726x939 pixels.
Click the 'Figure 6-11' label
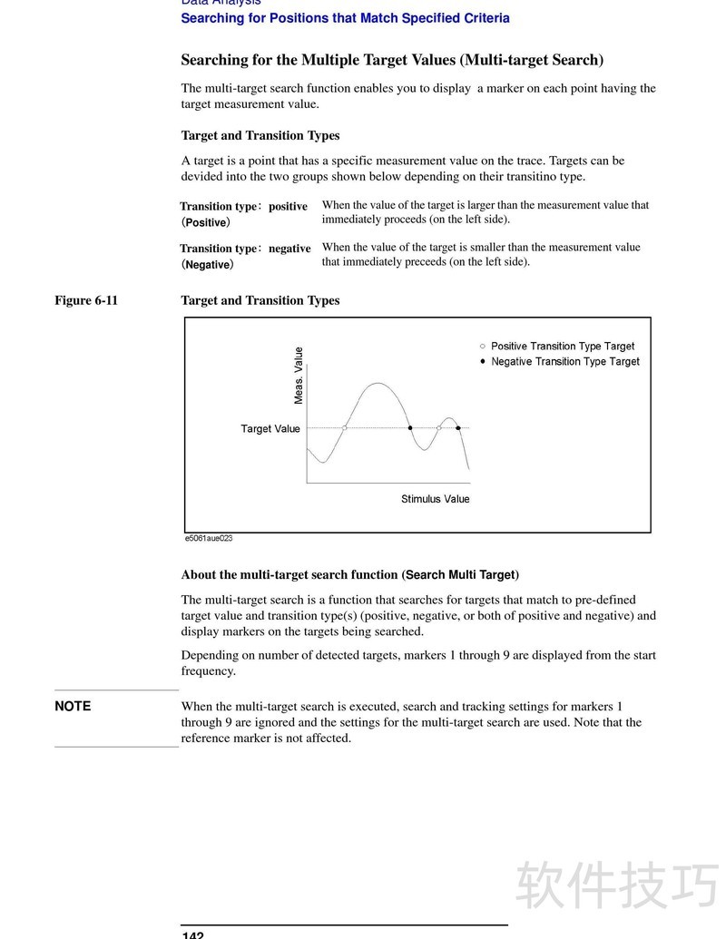coord(86,300)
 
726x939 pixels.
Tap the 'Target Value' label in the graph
coord(270,429)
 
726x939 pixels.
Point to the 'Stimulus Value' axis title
coord(436,499)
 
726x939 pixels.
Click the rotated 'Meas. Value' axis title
coord(299,376)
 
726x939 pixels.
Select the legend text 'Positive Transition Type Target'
coord(563,347)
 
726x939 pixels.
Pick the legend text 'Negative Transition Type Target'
coord(565,362)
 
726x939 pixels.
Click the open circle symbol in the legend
coord(483,346)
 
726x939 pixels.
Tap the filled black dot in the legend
coord(483,361)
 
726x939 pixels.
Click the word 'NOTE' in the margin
coord(73,706)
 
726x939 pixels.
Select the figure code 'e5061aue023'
coord(209,538)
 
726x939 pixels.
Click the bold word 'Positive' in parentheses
coord(206,222)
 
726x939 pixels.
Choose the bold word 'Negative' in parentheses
coord(208,265)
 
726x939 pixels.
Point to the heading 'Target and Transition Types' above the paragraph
coord(260,135)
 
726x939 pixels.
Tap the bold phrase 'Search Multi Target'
coord(460,574)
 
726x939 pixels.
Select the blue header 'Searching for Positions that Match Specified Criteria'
coord(345,18)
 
